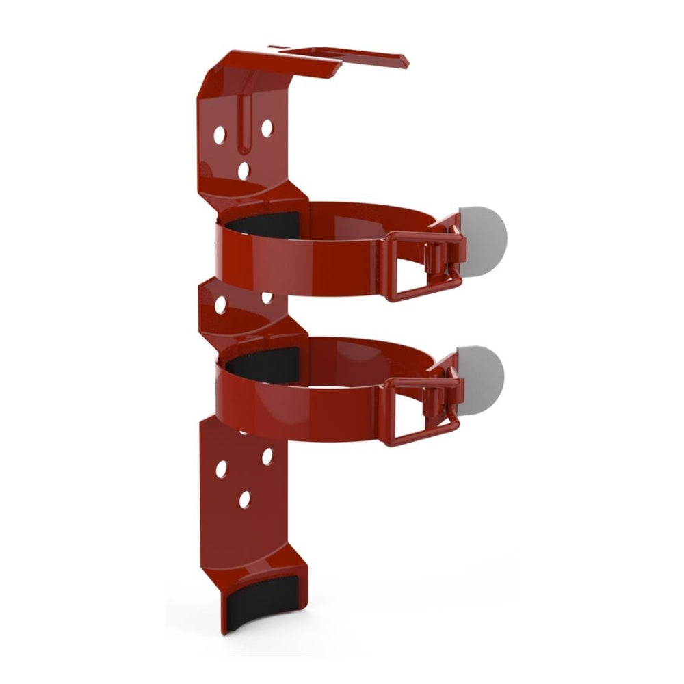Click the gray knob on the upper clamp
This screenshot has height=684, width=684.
[487, 235]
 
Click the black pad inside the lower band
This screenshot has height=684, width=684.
[267, 360]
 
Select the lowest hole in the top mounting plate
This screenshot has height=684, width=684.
[244, 170]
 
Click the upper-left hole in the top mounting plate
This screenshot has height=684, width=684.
[220, 135]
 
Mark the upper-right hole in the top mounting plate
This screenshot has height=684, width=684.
[267, 127]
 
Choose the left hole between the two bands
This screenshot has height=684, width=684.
[220, 306]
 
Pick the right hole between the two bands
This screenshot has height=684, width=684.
[267, 298]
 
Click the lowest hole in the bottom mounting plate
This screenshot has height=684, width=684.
[244, 500]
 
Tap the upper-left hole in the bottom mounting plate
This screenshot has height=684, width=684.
[221, 469]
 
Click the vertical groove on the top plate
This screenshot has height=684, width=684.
[243, 123]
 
